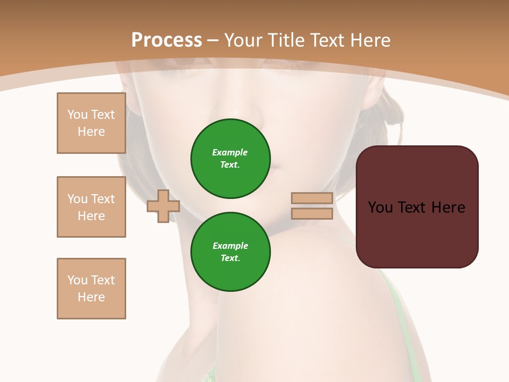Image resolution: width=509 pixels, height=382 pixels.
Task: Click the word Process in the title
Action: click(166, 40)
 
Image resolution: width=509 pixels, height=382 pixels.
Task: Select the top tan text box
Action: click(91, 123)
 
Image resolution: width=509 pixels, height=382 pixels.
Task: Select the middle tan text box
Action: click(91, 207)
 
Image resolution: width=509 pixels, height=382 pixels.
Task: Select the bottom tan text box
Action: click(91, 289)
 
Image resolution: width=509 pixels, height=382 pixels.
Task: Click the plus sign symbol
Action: click(163, 206)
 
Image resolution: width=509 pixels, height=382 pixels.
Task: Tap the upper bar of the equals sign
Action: click(312, 198)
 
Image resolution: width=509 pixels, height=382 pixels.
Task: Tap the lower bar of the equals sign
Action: click(312, 214)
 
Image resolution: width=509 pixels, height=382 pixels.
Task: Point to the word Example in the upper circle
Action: click(230, 152)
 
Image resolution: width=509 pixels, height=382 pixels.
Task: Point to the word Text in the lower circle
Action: click(230, 258)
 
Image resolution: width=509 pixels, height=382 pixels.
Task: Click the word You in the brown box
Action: click(380, 207)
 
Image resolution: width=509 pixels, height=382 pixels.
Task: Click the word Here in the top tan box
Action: click(91, 132)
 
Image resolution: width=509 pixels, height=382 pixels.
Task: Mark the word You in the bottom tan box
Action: click(77, 280)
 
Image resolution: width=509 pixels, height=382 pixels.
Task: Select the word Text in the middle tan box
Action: click(103, 199)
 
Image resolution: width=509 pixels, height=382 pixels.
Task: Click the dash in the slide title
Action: click(213, 40)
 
